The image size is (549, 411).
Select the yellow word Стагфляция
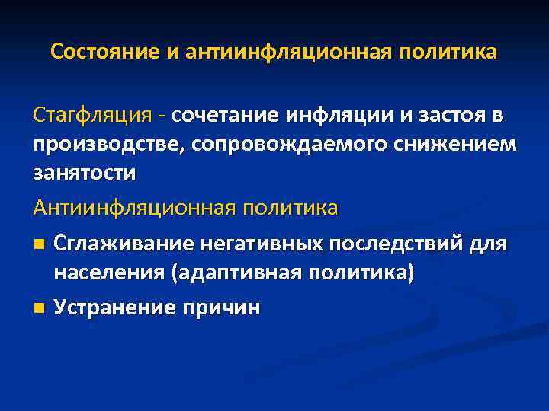point(91,116)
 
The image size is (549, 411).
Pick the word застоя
point(444,116)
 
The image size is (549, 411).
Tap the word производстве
point(95,145)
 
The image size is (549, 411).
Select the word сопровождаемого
point(258,145)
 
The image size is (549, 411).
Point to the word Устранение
point(114,307)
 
